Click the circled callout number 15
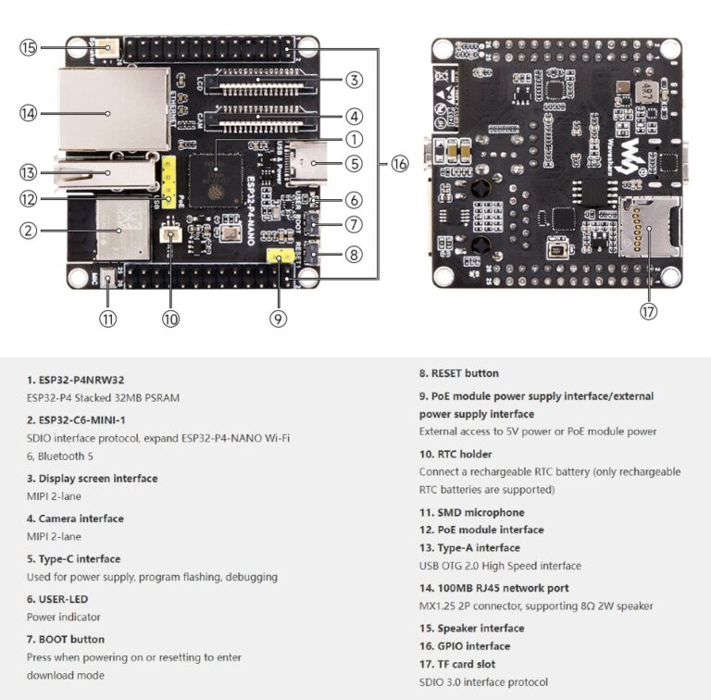tap(29, 47)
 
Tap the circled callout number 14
tap(29, 113)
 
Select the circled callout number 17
tap(648, 312)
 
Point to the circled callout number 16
tap(399, 164)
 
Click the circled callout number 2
tap(29, 231)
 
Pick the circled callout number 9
tap(278, 318)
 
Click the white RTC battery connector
tap(170, 233)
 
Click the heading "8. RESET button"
tap(458, 373)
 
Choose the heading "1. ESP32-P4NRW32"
tap(75, 380)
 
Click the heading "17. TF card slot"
tap(456, 664)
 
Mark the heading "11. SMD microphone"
tap(471, 512)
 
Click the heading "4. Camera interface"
tap(75, 519)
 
